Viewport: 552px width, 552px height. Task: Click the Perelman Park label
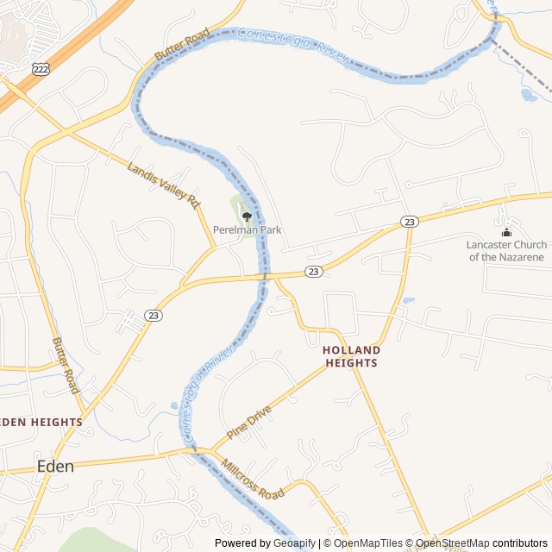(248, 230)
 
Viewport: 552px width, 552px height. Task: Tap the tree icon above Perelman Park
(248, 216)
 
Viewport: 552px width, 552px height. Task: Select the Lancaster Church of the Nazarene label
(506, 251)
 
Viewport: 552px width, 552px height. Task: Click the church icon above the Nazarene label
(506, 232)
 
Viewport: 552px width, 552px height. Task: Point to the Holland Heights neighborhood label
(351, 357)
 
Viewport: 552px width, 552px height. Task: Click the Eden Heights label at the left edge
(41, 423)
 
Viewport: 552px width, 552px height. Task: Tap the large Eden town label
(55, 466)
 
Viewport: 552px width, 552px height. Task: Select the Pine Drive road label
(249, 421)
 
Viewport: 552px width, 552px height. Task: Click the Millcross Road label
(252, 480)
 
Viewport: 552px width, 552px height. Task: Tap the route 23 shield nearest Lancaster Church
(410, 222)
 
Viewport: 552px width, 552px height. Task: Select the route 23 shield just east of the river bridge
(314, 272)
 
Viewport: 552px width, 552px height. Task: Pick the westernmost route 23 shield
(153, 315)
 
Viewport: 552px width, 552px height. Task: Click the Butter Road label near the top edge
(182, 45)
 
